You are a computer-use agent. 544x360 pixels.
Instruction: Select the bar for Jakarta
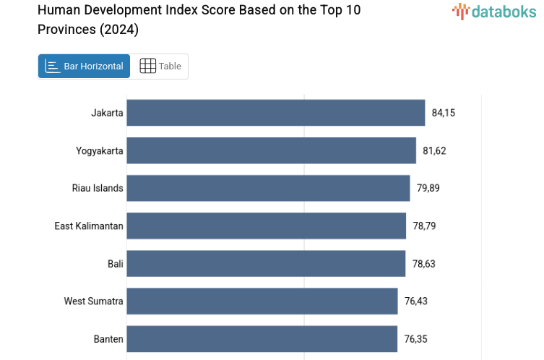coord(275,113)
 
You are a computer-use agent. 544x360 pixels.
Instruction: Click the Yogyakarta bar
coord(271,150)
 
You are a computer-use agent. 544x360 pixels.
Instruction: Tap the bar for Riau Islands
coord(268,188)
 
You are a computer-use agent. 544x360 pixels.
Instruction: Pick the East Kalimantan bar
coord(266,226)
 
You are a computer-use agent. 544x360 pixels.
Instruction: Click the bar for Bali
coord(266,264)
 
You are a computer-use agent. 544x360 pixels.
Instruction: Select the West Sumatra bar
coord(262,301)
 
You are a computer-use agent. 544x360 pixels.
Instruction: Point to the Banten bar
coord(262,339)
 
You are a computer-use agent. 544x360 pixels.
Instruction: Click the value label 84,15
coord(444,113)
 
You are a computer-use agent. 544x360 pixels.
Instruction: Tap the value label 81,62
coord(434,150)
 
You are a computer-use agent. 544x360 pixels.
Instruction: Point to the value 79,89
coord(428,188)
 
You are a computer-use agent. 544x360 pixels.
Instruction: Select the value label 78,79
coord(424,226)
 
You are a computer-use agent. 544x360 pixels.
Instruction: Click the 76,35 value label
coord(416,339)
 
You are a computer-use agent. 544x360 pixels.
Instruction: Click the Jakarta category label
coord(107,113)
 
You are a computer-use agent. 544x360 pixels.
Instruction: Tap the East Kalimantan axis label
coord(89,226)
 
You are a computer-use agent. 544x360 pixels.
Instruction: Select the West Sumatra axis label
coord(93,301)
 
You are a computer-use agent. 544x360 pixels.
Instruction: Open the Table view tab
coord(160,67)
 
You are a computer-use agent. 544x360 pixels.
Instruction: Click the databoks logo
coord(494,12)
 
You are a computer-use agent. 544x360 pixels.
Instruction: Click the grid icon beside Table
coord(147,67)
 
